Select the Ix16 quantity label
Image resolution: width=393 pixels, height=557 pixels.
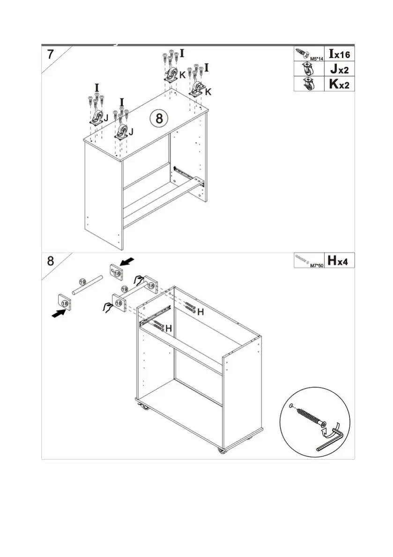[339, 54]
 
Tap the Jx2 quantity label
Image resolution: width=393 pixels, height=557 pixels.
[339, 69]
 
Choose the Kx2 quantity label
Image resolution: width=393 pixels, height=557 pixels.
[339, 84]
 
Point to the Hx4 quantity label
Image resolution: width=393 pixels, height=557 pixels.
[340, 260]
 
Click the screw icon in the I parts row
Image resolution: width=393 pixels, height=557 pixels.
[302, 53]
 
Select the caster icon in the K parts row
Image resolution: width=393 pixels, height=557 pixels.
[309, 84]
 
